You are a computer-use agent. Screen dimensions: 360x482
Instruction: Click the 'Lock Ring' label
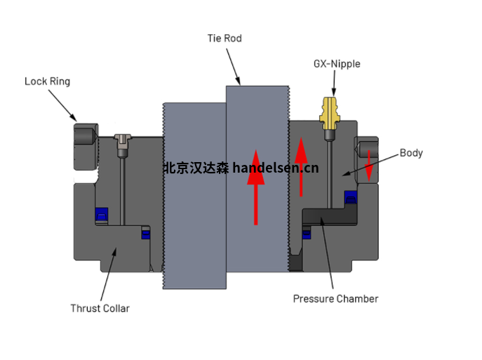point(47,81)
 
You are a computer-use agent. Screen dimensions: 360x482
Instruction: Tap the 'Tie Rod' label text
point(225,38)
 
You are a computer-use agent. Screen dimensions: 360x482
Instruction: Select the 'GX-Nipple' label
point(336,64)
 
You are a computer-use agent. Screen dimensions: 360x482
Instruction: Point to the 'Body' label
point(411,153)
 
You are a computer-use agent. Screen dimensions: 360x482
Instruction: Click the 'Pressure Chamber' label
point(335,299)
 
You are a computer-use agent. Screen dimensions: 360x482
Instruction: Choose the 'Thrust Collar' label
point(100,308)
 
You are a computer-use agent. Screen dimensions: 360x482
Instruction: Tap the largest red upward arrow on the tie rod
point(256,186)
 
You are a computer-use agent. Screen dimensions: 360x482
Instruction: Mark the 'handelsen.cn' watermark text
point(276,168)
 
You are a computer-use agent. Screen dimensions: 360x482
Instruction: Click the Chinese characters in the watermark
point(196,168)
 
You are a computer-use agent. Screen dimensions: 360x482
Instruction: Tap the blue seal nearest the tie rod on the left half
point(146,234)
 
